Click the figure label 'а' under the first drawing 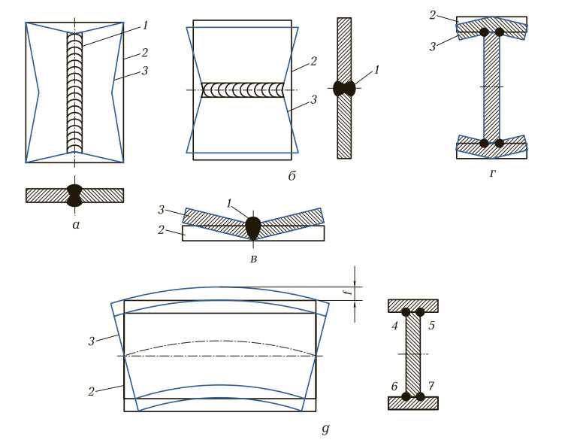(76, 225)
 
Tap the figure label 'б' (292, 176)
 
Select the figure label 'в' (254, 259)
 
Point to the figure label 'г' (493, 174)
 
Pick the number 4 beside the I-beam (395, 326)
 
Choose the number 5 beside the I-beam (431, 326)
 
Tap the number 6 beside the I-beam (394, 387)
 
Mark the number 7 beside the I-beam (431, 387)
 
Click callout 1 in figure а (145, 26)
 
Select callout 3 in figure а (145, 71)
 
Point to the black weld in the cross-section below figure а (74, 196)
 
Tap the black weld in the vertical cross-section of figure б (344, 89)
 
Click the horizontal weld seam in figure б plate (243, 90)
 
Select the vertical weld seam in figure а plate (74, 93)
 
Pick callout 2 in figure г (433, 15)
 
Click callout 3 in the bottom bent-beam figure (92, 341)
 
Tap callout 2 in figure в (161, 229)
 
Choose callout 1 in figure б (377, 70)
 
